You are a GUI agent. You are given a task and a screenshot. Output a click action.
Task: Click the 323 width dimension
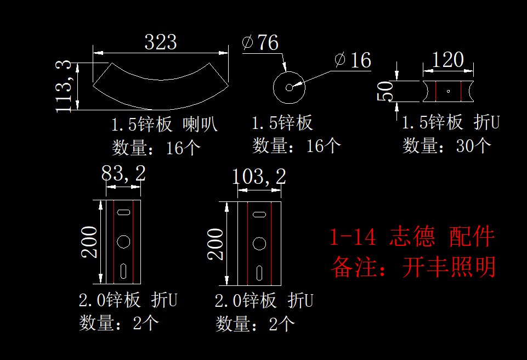tap(160, 42)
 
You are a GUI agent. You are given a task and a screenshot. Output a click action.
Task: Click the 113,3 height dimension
tap(64, 87)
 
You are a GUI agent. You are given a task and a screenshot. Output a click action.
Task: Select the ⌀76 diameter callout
tap(260, 43)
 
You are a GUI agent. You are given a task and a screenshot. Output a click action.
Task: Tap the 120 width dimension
tap(447, 60)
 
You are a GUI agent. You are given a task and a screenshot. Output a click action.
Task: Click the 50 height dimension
tap(386, 91)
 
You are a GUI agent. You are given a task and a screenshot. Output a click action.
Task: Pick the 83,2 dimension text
tap(123, 174)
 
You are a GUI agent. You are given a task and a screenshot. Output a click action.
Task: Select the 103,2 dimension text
tap(259, 177)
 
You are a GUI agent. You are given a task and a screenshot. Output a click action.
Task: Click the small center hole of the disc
tap(289, 87)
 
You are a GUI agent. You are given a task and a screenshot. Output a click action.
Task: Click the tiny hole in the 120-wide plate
tap(449, 91)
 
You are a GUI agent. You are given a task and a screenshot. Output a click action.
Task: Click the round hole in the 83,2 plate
tap(124, 241)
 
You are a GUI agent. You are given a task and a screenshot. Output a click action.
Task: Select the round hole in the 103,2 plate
tap(259, 243)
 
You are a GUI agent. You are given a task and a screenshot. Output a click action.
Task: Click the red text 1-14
tap(353, 237)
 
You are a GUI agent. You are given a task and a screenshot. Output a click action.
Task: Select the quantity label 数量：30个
tap(447, 145)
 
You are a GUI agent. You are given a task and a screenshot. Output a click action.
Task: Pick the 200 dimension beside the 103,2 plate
tap(216, 244)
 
